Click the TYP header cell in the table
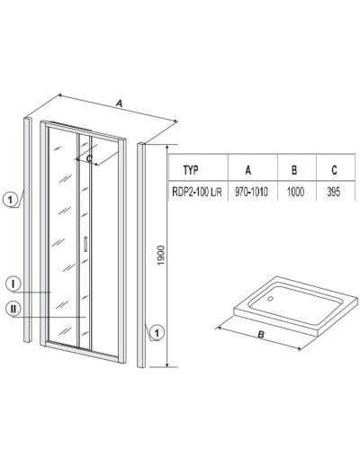pos(191,168)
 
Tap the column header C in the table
pos(334,168)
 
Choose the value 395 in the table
pos(334,190)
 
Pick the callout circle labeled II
pos(16,309)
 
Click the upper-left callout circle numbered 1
pos(9,201)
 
